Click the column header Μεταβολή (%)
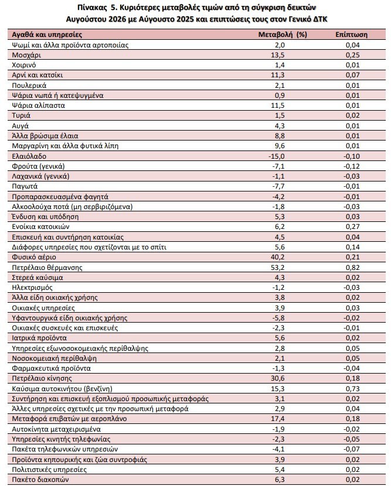coord(283,35)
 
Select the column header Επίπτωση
coord(351,35)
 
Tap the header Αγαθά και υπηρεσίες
coord(47,35)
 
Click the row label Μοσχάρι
coord(26,55)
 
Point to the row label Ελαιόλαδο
coord(29,156)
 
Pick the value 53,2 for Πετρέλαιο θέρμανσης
coord(277,268)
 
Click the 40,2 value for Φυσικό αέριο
coord(277,257)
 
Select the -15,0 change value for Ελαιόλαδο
coord(276,156)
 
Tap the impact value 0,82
coord(352,268)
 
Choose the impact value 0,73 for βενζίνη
coord(352,389)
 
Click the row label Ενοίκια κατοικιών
coord(40,227)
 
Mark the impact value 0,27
coord(352,227)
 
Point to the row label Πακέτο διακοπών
coord(40,480)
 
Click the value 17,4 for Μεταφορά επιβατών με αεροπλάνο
coord(277,419)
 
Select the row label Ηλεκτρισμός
coord(32,288)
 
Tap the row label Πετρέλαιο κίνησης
coord(42,378)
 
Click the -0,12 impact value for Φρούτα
coord(351,166)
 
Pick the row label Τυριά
coord(21,115)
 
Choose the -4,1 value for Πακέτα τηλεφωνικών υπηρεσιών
coord(278,449)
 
